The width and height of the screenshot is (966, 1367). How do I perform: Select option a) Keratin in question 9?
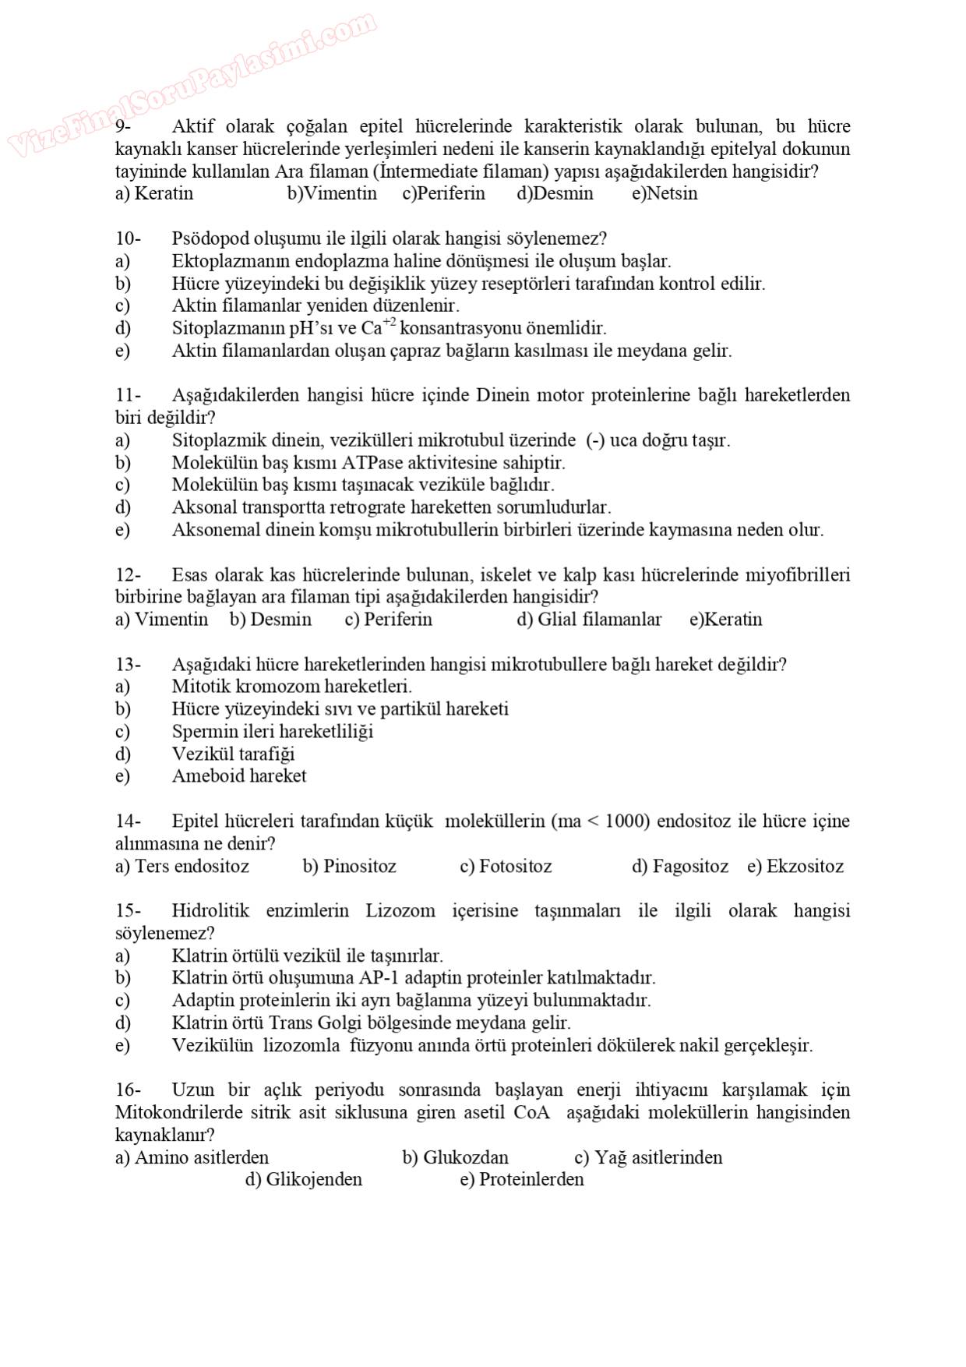(x=154, y=193)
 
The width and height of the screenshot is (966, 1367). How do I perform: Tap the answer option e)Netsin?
(x=665, y=193)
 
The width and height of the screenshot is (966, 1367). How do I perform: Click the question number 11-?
(x=128, y=395)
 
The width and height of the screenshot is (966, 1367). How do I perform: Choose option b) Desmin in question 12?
(x=270, y=620)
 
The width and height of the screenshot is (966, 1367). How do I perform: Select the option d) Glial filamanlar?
(x=589, y=620)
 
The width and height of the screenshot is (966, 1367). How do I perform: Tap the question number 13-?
(x=128, y=665)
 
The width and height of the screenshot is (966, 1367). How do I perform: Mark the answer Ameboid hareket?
(x=238, y=776)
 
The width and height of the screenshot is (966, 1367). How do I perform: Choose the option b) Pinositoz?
(x=349, y=867)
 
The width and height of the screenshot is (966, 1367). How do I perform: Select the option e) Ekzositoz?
(x=795, y=867)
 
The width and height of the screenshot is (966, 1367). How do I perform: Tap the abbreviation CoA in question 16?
(x=531, y=1113)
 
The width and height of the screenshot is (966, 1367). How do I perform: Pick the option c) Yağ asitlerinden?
(x=648, y=1157)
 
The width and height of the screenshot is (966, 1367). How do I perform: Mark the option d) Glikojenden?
(x=304, y=1179)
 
